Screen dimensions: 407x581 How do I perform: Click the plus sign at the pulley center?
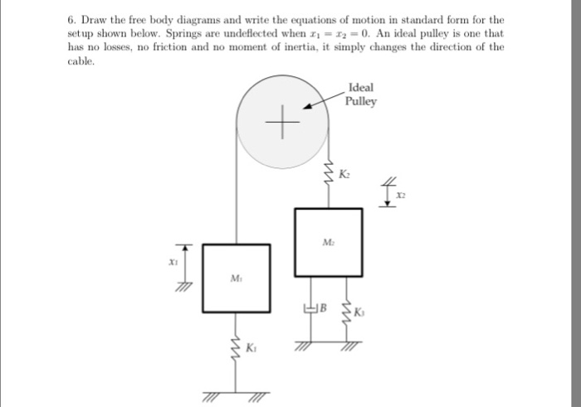pos(284,124)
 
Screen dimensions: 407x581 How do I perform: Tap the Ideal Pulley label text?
pos(362,94)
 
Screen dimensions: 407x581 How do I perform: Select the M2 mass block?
pos(328,242)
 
